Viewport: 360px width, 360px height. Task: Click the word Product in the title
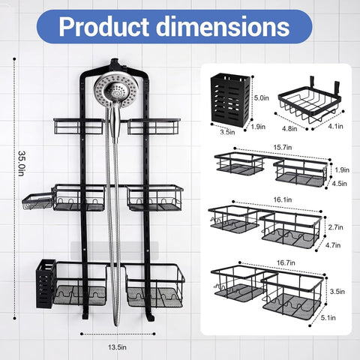tap(104, 27)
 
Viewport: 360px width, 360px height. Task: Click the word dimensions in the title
tap(223, 26)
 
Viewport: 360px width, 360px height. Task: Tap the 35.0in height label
tap(22, 163)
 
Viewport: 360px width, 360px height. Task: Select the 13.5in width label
tap(117, 347)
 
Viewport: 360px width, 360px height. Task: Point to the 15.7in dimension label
tap(283, 148)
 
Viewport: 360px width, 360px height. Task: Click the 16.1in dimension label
tap(283, 199)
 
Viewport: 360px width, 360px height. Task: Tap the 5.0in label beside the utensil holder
tap(262, 97)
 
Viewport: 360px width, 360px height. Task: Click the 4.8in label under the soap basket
tap(289, 128)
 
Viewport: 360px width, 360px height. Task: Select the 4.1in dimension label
tap(335, 126)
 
